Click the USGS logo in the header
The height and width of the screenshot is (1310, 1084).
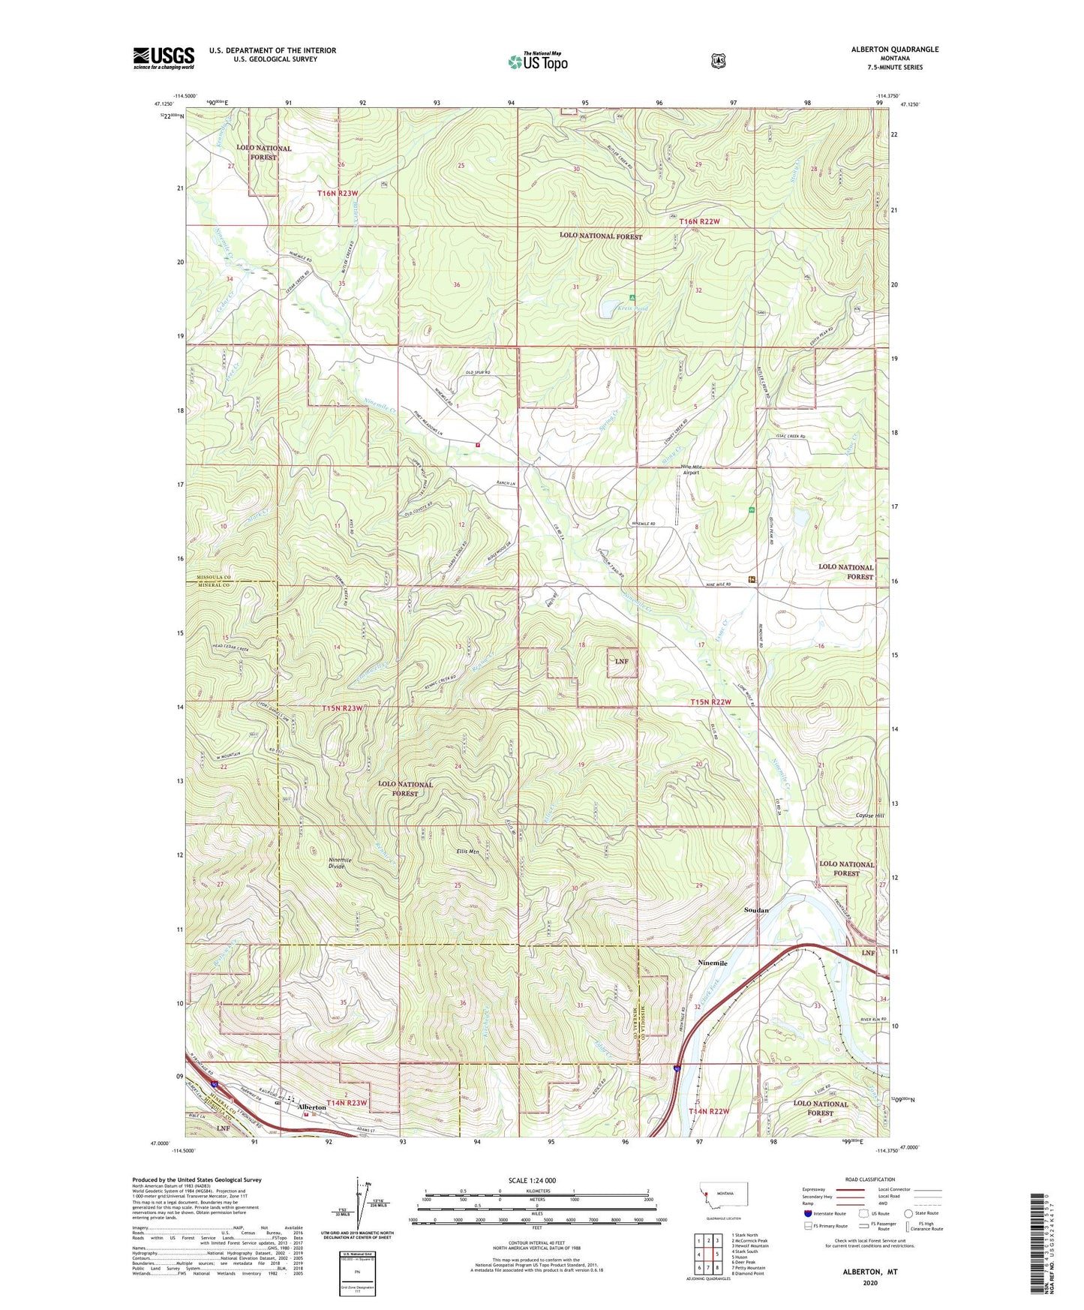click(x=164, y=58)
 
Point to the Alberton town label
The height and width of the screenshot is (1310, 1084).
click(x=311, y=1107)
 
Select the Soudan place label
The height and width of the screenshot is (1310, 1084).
click(x=755, y=910)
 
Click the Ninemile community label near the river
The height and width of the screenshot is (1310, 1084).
click(x=712, y=963)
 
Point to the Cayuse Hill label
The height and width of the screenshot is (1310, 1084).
click(x=869, y=816)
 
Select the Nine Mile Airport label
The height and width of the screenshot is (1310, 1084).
click(x=689, y=470)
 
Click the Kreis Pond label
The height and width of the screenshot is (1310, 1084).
click(x=632, y=308)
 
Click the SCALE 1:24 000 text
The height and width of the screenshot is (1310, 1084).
click(x=532, y=1180)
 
